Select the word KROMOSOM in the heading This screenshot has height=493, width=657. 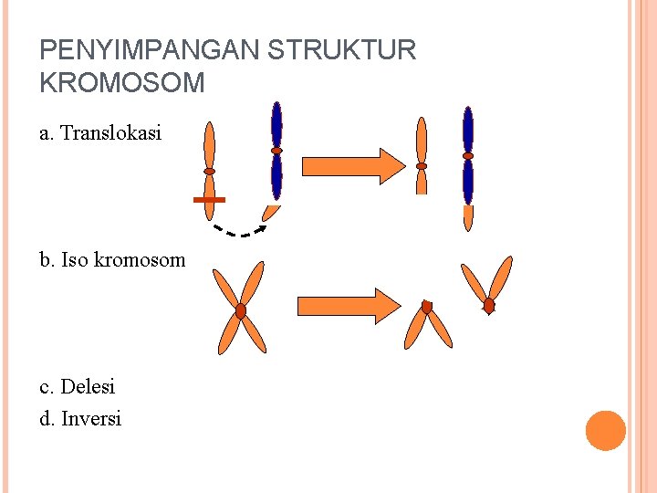pyautogui.click(x=122, y=83)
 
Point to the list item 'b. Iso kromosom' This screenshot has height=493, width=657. pyautogui.click(x=112, y=260)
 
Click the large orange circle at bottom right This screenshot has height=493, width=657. pyautogui.click(x=605, y=430)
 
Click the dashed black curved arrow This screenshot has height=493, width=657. pyautogui.click(x=239, y=232)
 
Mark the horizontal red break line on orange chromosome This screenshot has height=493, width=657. pyautogui.click(x=209, y=199)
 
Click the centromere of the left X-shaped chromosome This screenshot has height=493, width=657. pyautogui.click(x=241, y=311)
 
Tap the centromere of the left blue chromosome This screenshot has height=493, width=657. pyautogui.click(x=276, y=151)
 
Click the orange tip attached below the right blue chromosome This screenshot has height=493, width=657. pyautogui.click(x=468, y=217)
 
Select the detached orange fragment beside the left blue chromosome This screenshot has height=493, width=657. pyautogui.click(x=271, y=213)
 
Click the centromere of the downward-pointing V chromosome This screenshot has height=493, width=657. pyautogui.click(x=426, y=308)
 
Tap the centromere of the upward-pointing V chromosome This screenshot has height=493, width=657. pyautogui.click(x=489, y=305)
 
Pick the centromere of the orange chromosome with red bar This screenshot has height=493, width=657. pyautogui.click(x=210, y=171)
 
